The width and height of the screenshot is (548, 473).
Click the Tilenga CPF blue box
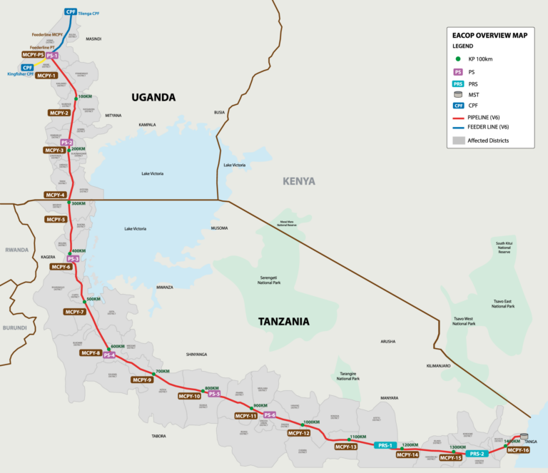point(71,12)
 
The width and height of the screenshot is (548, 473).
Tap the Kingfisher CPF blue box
point(27,68)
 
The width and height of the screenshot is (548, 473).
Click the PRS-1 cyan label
point(383,445)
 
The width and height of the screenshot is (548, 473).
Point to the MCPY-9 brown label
point(143,380)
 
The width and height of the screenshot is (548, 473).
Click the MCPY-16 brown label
point(518,450)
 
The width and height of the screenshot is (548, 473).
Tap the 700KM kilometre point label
point(163,372)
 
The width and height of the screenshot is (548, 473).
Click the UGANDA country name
point(153,97)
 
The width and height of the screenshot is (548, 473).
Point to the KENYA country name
point(298,181)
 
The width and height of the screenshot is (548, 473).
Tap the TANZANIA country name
point(284,322)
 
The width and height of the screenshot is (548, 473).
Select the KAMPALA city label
point(148,125)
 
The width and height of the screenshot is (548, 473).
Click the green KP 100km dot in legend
point(457,60)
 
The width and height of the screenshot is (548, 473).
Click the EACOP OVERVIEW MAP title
point(490,35)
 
